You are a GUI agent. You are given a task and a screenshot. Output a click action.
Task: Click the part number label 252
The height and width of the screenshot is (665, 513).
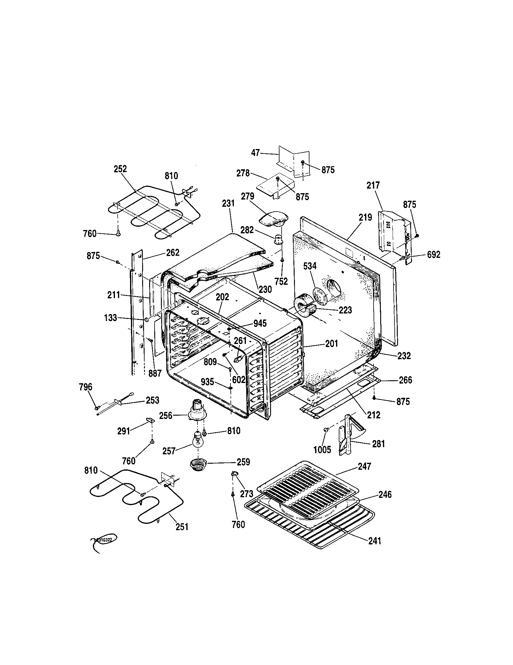click(120, 169)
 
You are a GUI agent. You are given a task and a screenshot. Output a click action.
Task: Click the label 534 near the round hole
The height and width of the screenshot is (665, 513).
click(309, 266)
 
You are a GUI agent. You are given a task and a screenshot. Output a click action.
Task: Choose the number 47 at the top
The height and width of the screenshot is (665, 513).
click(256, 153)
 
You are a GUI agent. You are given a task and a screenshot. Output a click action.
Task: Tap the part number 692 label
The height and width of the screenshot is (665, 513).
click(433, 255)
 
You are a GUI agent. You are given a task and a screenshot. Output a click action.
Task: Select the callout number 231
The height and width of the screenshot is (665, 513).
click(228, 203)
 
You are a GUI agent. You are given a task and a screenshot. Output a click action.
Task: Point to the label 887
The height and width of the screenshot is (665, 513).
click(155, 373)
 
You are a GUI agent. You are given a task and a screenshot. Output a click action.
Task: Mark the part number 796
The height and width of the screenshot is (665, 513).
click(86, 387)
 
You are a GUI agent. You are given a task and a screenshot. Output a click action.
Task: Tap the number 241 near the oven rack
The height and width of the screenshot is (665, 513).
click(375, 541)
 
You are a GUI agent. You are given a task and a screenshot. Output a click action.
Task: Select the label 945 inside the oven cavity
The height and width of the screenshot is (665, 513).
click(260, 323)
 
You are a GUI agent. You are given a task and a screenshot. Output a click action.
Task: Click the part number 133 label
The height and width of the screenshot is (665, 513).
click(110, 318)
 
